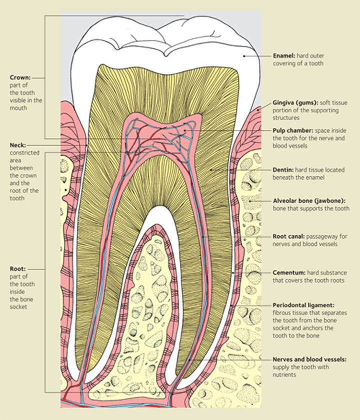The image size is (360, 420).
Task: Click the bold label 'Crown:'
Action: tap(20, 77)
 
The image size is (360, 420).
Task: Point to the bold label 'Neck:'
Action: tap(17, 145)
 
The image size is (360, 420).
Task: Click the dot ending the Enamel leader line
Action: tap(244, 56)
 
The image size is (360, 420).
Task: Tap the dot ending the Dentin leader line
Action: tap(211, 170)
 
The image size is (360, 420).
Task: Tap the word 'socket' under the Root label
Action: tap(18, 307)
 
